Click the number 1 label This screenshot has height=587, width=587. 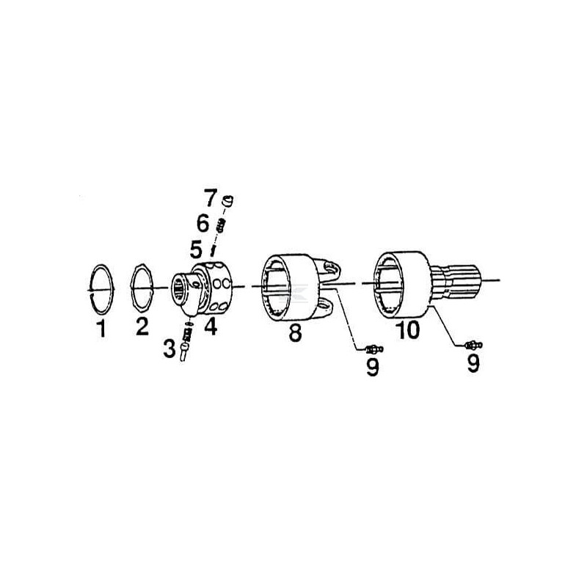101,328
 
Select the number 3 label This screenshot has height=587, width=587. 169,349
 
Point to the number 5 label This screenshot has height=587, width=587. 195,249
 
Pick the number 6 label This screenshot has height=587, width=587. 203,223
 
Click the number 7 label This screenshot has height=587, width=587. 211,197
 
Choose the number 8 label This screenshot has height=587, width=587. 295,332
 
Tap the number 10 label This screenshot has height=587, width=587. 408,329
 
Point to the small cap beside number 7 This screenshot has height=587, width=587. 227,200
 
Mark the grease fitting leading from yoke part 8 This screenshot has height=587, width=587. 373,350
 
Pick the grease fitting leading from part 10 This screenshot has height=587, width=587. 473,345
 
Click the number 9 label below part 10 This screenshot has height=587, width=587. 473,363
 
